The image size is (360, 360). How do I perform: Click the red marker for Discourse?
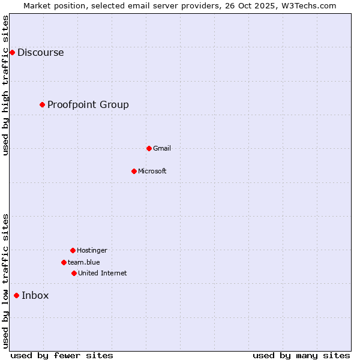pyautogui.click(x=12, y=53)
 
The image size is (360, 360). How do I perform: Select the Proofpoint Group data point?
pyautogui.click(x=42, y=105)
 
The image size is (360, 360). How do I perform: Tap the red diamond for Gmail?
pyautogui.click(x=149, y=148)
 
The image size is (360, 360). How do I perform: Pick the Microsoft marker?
pyautogui.click(x=134, y=171)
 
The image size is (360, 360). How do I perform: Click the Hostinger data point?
pyautogui.click(x=73, y=250)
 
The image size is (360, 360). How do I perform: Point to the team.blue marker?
pyautogui.click(x=64, y=262)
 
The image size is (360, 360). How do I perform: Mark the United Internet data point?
pyautogui.click(x=74, y=273)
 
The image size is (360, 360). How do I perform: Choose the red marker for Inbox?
pyautogui.click(x=16, y=295)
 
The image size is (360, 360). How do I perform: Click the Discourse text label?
pyautogui.click(x=40, y=53)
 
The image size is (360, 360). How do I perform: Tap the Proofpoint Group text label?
pyautogui.click(x=88, y=105)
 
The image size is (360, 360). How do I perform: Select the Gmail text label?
pyautogui.click(x=162, y=148)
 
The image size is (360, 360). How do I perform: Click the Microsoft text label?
pyautogui.click(x=152, y=171)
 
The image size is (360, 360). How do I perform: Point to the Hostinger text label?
pyautogui.click(x=92, y=250)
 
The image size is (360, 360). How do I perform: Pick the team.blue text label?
pyautogui.click(x=84, y=262)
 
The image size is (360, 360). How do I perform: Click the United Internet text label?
pyautogui.click(x=103, y=273)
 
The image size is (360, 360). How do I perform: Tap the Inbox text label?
pyautogui.click(x=35, y=295)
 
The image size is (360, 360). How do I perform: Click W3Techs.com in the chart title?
pyautogui.click(x=308, y=5)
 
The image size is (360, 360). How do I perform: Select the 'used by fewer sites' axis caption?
pyautogui.click(x=62, y=355)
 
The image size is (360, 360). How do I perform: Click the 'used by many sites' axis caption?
pyautogui.click(x=301, y=355)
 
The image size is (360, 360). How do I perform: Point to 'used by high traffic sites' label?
pyautogui.click(x=5, y=85)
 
